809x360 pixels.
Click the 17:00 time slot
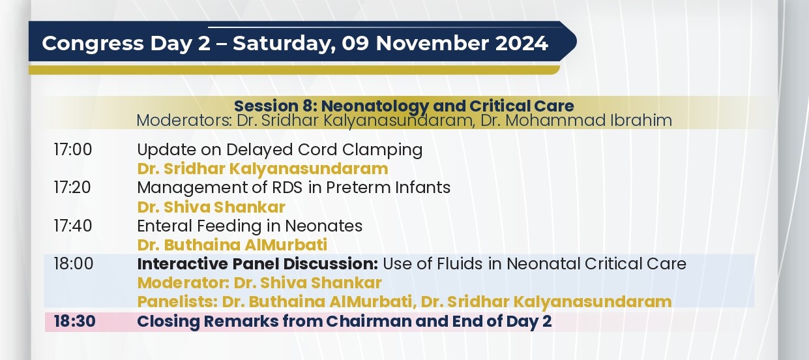tap(73, 149)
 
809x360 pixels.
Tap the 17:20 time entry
tap(72, 188)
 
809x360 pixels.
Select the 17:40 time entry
tap(73, 226)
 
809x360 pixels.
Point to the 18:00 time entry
tap(73, 264)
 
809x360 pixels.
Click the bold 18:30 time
tap(75, 322)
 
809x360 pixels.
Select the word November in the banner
tap(432, 44)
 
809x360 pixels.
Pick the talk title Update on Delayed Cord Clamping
tap(280, 150)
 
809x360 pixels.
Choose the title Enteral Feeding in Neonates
tap(250, 226)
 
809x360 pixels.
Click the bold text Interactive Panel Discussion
tap(257, 264)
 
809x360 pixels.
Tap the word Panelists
tap(177, 302)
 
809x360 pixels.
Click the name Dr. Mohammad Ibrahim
tap(576, 121)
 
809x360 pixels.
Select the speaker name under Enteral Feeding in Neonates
tap(232, 245)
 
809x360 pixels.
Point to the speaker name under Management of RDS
tap(211, 207)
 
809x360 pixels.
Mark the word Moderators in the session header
tap(184, 121)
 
